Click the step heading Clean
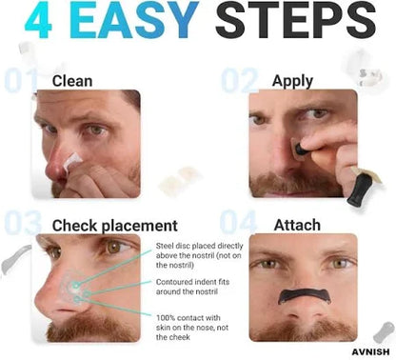click(x=73, y=80)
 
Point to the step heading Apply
click(x=292, y=80)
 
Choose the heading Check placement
click(x=114, y=226)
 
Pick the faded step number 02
click(x=239, y=81)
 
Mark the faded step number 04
click(x=239, y=225)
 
